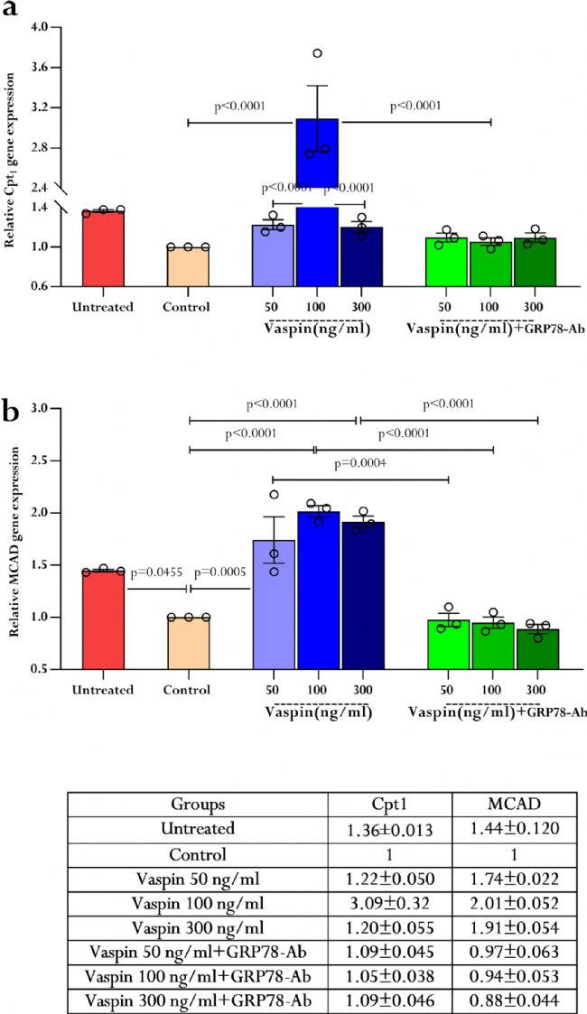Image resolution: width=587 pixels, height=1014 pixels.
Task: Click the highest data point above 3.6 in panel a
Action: tap(317, 53)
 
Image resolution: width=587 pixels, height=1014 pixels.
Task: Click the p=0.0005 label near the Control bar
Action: tap(220, 573)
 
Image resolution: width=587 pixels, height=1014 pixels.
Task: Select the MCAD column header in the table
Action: tap(516, 804)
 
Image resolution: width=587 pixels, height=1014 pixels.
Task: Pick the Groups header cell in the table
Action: tap(198, 804)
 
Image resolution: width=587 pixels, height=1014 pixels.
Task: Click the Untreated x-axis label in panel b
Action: tap(102, 690)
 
